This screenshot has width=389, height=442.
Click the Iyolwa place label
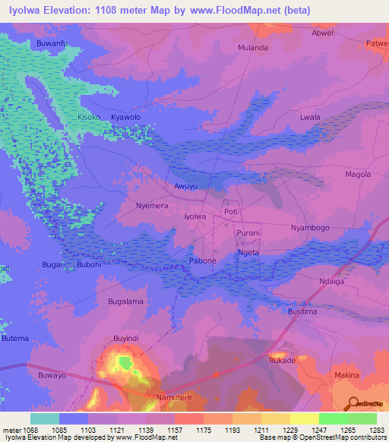(196, 216)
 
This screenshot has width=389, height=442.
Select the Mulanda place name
(253, 47)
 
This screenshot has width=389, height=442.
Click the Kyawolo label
(126, 118)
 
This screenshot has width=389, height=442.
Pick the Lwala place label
(310, 118)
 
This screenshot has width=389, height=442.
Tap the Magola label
(358, 174)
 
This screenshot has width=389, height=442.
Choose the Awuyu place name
(186, 186)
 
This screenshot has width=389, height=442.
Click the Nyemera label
(151, 206)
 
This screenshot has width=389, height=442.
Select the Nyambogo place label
(310, 228)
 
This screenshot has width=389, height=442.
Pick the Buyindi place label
(127, 337)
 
